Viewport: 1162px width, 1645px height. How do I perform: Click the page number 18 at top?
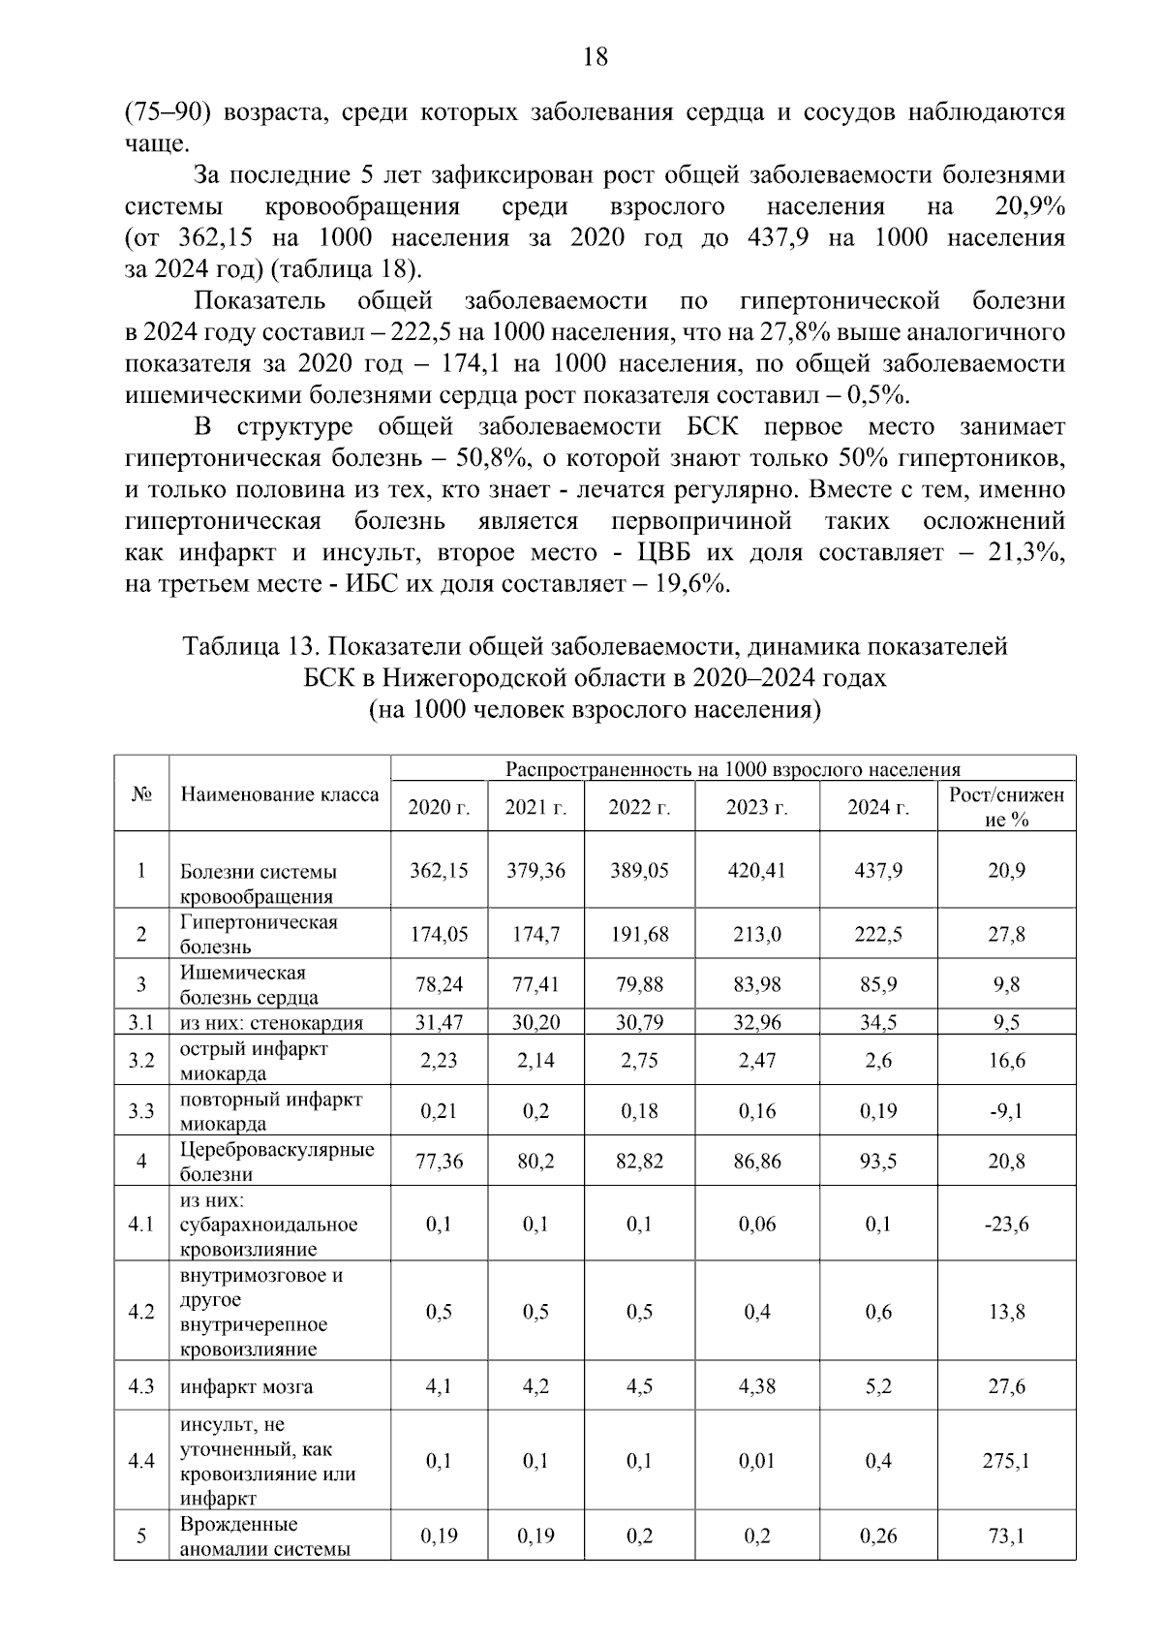596,57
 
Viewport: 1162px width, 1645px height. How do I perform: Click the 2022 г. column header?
639,808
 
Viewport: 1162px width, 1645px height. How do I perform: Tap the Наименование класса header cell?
279,795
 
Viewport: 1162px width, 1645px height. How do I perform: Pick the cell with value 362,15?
439,870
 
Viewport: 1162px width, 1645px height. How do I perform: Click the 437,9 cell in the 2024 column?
877,870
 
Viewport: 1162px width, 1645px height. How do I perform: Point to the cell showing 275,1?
1006,1460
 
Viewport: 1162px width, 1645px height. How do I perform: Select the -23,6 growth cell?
1006,1224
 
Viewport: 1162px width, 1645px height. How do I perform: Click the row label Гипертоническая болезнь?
259,934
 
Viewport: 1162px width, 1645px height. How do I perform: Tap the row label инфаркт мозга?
247,1386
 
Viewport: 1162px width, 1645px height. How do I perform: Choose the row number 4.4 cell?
141,1460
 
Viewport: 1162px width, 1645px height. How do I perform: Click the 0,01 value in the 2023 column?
756,1460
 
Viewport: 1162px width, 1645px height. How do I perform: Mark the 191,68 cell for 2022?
639,934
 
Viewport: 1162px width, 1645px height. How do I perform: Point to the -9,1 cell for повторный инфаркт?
1006,1111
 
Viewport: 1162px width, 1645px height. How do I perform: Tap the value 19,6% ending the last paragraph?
691,584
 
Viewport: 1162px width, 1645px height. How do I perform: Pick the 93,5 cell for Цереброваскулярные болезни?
877,1161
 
